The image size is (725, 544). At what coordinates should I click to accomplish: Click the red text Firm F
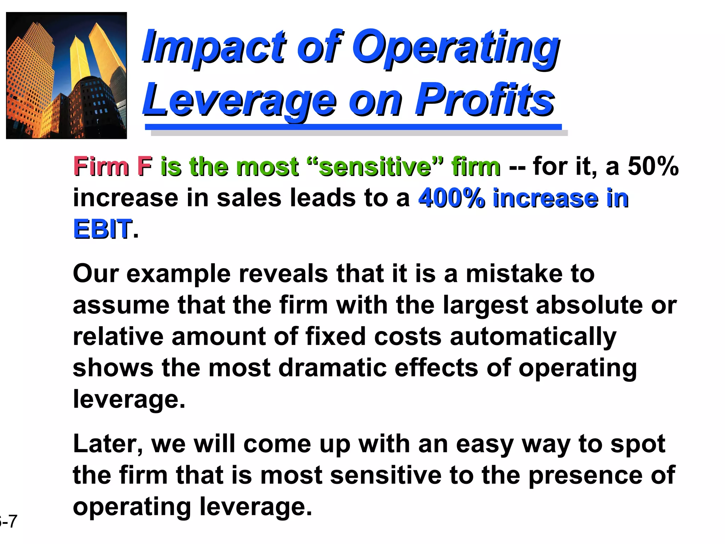click(x=113, y=166)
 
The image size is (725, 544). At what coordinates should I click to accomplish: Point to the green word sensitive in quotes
click(x=375, y=166)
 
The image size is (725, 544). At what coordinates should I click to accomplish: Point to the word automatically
click(x=533, y=336)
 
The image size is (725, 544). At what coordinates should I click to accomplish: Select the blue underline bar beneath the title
click(x=353, y=127)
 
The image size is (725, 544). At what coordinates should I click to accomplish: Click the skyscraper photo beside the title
click(x=67, y=75)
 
